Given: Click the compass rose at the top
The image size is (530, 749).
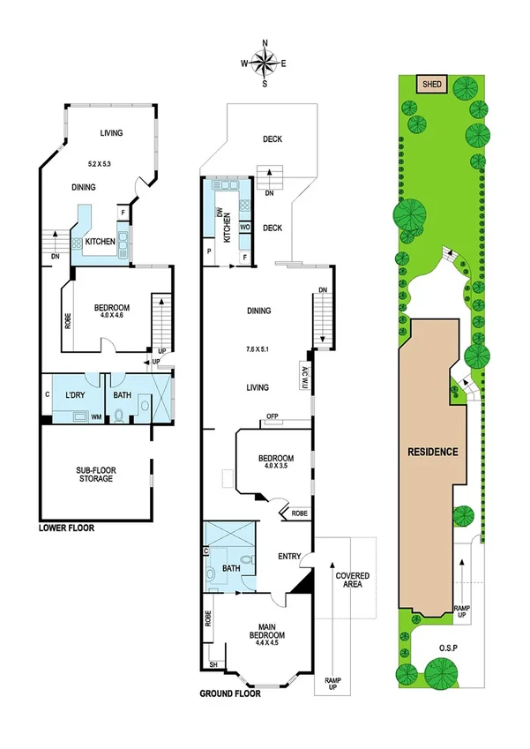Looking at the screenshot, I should click(265, 62).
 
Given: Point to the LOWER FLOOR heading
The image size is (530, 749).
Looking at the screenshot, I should click(67, 528).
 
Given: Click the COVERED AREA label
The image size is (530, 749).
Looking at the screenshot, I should click(353, 580).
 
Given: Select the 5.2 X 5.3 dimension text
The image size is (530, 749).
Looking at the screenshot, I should click(111, 164).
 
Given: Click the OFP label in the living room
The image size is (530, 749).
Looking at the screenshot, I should click(274, 419).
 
